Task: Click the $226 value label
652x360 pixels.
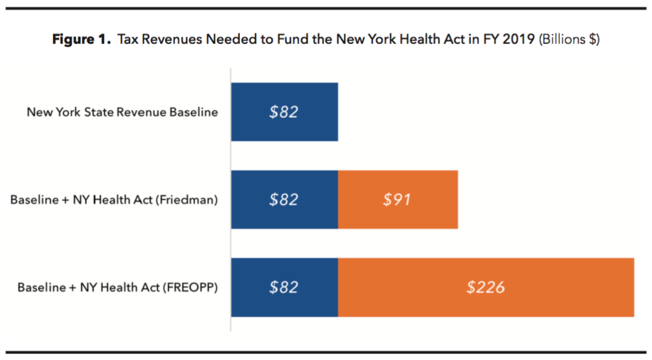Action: pyautogui.click(x=485, y=287)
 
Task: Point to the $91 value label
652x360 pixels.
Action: pyautogui.click(x=397, y=200)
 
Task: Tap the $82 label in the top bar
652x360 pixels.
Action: pyautogui.click(x=284, y=112)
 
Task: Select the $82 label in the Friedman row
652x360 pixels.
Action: pyautogui.click(x=284, y=200)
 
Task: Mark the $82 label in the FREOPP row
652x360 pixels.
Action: pyautogui.click(x=284, y=287)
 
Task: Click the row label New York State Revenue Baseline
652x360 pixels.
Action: pyautogui.click(x=122, y=112)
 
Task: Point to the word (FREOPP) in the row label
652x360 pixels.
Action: pyautogui.click(x=190, y=288)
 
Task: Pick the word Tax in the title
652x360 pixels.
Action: pyautogui.click(x=127, y=40)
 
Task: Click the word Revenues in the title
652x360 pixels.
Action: pyautogui.click(x=168, y=40)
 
